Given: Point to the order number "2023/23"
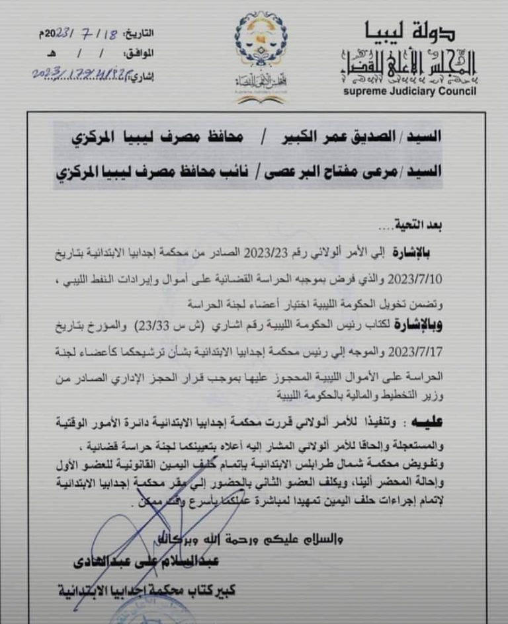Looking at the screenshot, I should [x=265, y=251].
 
